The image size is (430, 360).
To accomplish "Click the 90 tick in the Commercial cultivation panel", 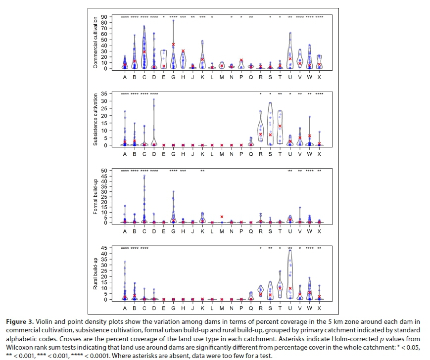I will [104, 17].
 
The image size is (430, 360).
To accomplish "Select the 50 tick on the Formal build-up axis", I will [104, 171].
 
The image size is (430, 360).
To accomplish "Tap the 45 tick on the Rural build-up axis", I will [104, 248].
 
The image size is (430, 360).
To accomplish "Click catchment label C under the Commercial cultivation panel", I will [144, 77].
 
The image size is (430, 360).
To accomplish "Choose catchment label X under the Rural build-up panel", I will [319, 308].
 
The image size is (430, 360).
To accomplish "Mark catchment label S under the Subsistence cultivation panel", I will [270, 154].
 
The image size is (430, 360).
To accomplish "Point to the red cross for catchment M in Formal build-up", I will [222, 217].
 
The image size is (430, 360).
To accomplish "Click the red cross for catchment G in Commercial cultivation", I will [174, 44].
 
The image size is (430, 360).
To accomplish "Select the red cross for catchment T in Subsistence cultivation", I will [280, 126].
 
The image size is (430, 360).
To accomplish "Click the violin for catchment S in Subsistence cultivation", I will [270, 124].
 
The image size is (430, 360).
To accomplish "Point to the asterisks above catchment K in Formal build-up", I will [202, 171].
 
